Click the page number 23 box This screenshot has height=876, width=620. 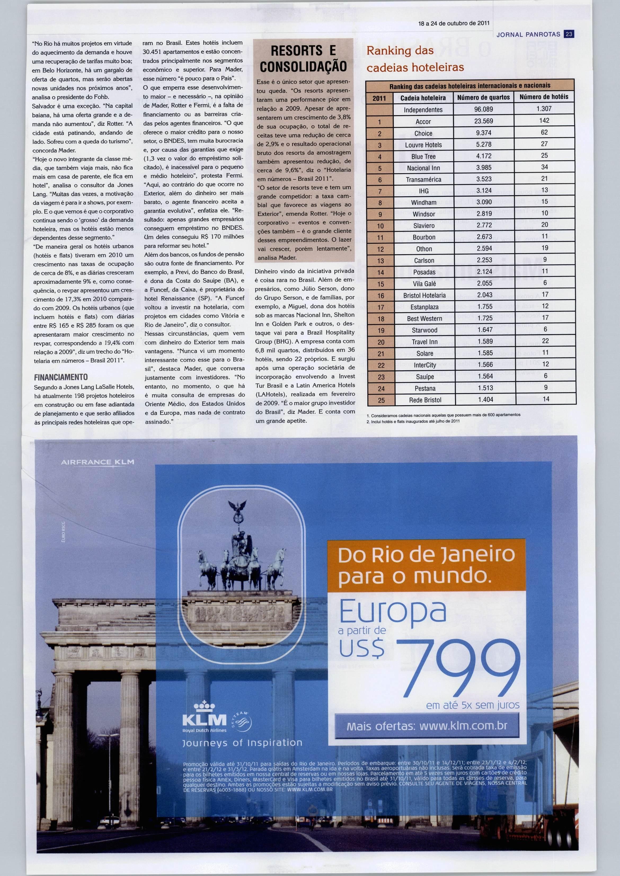pyautogui.click(x=569, y=34)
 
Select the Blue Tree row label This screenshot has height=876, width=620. pyautogui.click(x=423, y=157)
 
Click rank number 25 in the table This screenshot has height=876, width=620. pyautogui.click(x=381, y=401)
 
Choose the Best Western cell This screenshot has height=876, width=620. pyautogui.click(x=424, y=318)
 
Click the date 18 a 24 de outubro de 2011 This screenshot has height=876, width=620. pyautogui.click(x=454, y=23)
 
